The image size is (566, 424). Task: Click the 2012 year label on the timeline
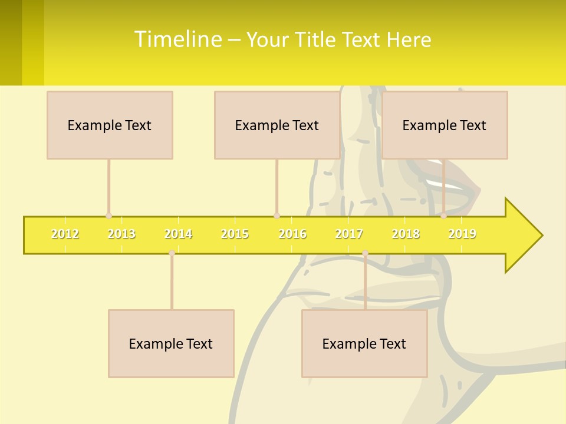tap(65, 234)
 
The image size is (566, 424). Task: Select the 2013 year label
tap(121, 234)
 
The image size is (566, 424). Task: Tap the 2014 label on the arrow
tap(178, 234)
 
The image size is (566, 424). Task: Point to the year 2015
tap(235, 234)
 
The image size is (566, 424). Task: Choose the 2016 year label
tap(292, 234)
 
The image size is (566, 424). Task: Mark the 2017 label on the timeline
tap(349, 234)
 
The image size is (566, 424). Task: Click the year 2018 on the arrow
tap(406, 234)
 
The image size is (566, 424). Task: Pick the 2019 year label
tap(462, 234)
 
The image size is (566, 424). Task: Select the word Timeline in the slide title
tap(177, 39)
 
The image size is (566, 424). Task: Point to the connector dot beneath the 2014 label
tap(172, 253)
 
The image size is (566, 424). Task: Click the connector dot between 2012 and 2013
tap(108, 216)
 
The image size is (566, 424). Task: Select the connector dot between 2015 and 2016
tap(277, 216)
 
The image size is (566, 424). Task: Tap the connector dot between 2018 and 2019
tap(444, 216)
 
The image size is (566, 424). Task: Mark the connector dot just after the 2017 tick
tap(365, 253)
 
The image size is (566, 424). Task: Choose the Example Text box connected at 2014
tap(171, 343)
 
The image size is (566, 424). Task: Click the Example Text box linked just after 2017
tap(364, 343)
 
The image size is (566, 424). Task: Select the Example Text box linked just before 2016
tap(277, 125)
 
